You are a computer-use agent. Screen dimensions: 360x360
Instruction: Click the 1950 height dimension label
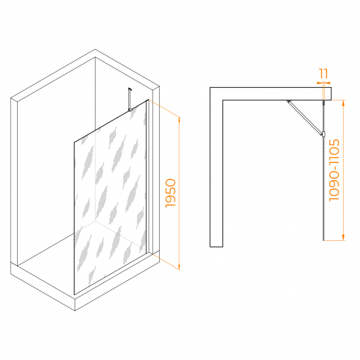pos(171,193)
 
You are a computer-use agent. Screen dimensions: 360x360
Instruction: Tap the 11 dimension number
pos(323,73)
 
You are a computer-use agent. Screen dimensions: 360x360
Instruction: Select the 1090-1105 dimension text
pos(334,170)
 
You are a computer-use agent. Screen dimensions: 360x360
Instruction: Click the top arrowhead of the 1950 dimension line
pos(179,119)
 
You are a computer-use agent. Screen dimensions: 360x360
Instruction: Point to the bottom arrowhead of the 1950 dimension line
pos(179,267)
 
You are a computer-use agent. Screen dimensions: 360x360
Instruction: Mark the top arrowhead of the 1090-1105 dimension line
pos(343,103)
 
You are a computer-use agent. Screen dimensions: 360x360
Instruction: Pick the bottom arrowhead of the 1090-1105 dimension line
pos(343,238)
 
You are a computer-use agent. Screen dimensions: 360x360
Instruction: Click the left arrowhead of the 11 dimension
pos(319,82)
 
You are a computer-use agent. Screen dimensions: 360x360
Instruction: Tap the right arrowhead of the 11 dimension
pos(327,82)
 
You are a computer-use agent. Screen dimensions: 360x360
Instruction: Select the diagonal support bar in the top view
pos(304,118)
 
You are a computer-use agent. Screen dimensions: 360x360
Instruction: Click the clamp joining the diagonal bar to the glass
pos(324,134)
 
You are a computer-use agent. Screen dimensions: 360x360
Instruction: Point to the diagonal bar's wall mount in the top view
pos(289,101)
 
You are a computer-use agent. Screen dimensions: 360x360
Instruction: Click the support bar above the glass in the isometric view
pos(130,99)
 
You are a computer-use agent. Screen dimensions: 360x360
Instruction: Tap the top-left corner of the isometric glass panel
pos(74,142)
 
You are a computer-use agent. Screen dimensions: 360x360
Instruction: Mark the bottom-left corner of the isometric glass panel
pos(74,295)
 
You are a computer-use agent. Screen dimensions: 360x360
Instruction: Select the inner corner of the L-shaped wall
pos(223,100)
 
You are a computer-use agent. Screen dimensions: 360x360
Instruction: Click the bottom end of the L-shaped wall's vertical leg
pos(216,247)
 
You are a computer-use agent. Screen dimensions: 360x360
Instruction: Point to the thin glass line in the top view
pos(323,170)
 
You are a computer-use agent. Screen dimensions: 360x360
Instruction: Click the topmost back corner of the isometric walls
pos(95,49)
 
